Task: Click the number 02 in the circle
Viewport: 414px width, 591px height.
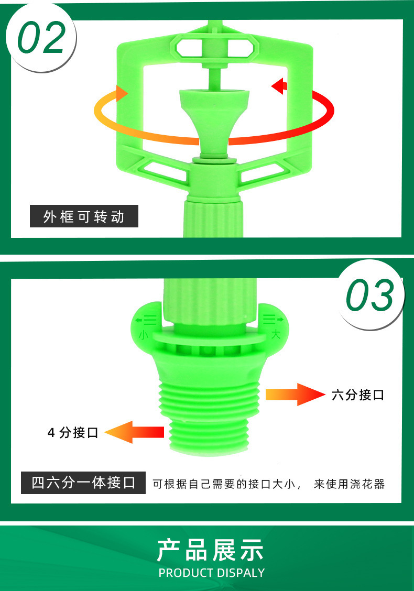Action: click(x=41, y=37)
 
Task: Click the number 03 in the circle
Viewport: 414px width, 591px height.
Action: click(x=370, y=295)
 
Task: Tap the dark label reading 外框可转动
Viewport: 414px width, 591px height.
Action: click(x=84, y=216)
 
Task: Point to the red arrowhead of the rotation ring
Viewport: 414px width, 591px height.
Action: click(x=279, y=86)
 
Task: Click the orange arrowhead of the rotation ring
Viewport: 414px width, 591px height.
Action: click(x=122, y=93)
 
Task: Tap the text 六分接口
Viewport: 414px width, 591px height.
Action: click(x=358, y=395)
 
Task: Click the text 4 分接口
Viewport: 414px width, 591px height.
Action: click(x=73, y=432)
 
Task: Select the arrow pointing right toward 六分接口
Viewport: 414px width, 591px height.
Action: click(x=295, y=395)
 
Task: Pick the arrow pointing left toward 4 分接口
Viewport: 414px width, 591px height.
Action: click(x=134, y=432)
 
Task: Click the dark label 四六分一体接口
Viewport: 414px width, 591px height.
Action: click(x=83, y=483)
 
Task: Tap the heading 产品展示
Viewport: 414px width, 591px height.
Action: click(x=210, y=550)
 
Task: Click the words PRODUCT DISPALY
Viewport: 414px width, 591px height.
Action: click(x=212, y=573)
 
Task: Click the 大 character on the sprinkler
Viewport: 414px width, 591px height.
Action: click(x=276, y=334)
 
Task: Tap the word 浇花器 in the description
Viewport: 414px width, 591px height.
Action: click(x=368, y=484)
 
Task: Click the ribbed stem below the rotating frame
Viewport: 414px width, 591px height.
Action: click(x=213, y=218)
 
